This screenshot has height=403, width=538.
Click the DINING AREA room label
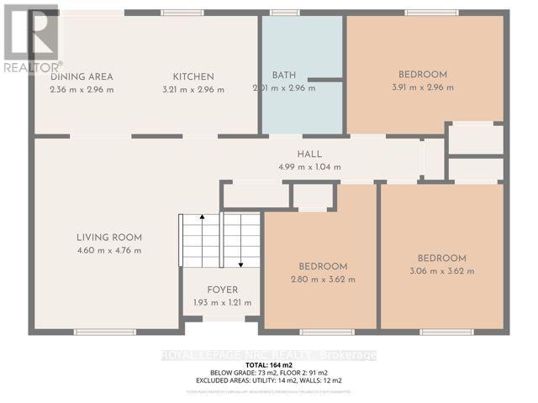click(x=82, y=77)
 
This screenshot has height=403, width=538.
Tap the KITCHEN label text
click(x=194, y=77)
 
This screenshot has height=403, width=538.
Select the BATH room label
click(x=283, y=76)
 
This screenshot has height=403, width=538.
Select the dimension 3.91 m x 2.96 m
click(x=423, y=87)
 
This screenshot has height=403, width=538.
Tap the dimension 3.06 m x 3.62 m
click(x=443, y=271)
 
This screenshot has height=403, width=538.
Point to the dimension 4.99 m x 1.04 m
click(x=309, y=166)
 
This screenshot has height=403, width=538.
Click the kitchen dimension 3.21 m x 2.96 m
click(x=194, y=90)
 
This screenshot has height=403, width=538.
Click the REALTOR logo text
click(x=31, y=65)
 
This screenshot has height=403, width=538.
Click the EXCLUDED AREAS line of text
click(x=269, y=381)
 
